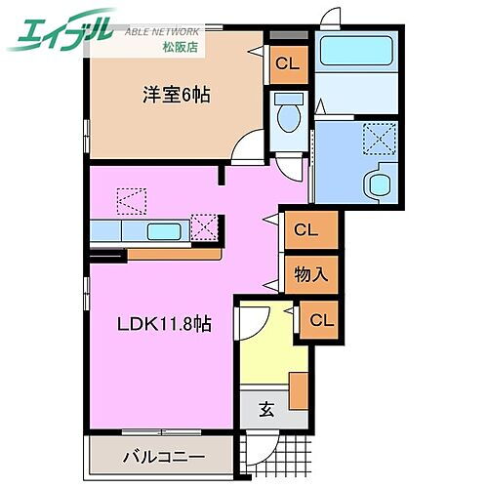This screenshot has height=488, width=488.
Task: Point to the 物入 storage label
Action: [311, 275]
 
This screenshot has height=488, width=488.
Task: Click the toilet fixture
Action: [287, 118]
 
